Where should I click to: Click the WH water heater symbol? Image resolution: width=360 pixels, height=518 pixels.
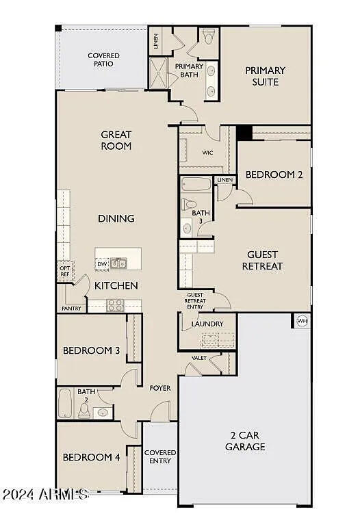click(302, 320)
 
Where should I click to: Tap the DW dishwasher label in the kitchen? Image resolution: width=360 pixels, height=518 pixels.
click(101, 263)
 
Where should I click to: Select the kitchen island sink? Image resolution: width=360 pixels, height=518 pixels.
click(118, 263)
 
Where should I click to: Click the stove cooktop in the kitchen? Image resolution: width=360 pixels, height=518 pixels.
click(115, 305)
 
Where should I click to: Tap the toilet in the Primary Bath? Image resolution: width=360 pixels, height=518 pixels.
click(208, 37)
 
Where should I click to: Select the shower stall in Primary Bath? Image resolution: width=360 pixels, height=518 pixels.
click(157, 72)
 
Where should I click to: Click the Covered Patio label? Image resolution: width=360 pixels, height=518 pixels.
click(103, 60)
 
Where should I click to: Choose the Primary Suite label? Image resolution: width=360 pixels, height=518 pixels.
click(265, 75)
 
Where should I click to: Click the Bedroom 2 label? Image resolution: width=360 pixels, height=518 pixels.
click(274, 174)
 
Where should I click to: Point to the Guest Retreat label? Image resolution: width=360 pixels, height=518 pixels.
click(262, 260)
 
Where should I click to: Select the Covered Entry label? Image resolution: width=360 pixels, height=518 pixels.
click(160, 457)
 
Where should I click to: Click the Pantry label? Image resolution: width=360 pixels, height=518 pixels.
click(71, 309)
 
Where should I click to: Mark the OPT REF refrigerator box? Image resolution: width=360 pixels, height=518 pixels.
click(65, 270)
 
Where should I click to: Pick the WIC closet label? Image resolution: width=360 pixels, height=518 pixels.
click(208, 153)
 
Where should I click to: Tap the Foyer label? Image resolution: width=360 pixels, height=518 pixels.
click(160, 388)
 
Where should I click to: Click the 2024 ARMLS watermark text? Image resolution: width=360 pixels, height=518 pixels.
click(44, 493)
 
